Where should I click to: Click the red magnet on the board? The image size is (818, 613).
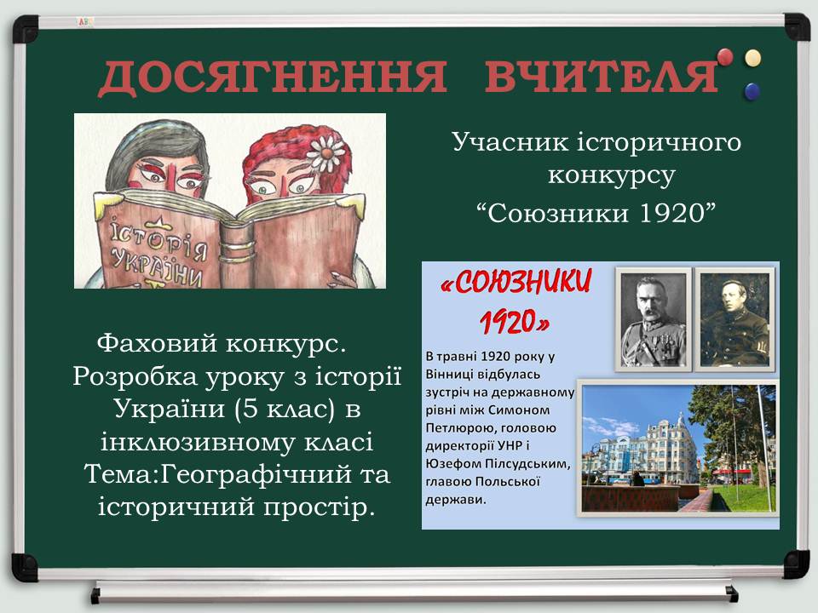(724, 57)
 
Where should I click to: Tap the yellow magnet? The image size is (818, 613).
(752, 58)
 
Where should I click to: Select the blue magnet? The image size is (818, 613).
(752, 91)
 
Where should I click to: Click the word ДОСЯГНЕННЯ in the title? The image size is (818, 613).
(273, 77)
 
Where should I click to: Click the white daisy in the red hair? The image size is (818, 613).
(326, 152)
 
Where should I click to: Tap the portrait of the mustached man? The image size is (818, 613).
(654, 319)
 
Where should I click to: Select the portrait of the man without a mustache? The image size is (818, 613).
(734, 319)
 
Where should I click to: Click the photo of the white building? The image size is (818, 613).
(678, 449)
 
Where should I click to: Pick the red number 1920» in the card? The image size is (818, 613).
(515, 322)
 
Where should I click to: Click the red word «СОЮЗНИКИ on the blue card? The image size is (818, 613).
(516, 283)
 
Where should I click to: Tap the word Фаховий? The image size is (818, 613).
(157, 344)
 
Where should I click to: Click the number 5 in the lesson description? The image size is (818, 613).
(251, 409)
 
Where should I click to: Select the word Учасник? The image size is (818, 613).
(510, 142)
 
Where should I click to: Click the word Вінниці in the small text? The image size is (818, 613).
(448, 375)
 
